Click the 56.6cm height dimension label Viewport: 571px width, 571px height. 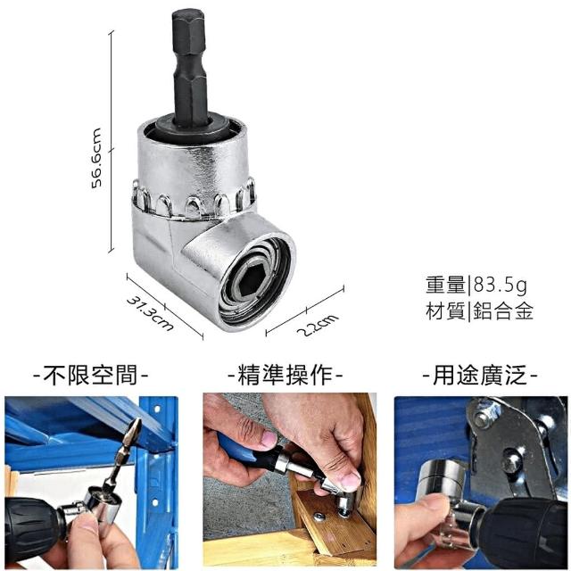coord(96,158)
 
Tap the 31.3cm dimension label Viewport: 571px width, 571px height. coord(150,313)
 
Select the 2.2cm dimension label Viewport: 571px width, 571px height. coord(318,325)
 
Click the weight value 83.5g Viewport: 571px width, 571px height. coord(500,285)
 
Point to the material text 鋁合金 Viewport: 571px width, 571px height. coord(503,311)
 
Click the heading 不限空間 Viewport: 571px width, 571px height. coord(90,375)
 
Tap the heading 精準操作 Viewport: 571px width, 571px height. coord(285,375)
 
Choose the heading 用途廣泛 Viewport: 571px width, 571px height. coord(480,375)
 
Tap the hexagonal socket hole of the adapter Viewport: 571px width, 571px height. coord(251,281)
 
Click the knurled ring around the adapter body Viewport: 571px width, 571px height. coord(194,200)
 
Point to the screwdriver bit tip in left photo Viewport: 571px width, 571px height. coord(136,426)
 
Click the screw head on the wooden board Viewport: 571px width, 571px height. coord(319,517)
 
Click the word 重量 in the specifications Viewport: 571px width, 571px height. coord(446,285)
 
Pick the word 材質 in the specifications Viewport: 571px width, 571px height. coord(446,311)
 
